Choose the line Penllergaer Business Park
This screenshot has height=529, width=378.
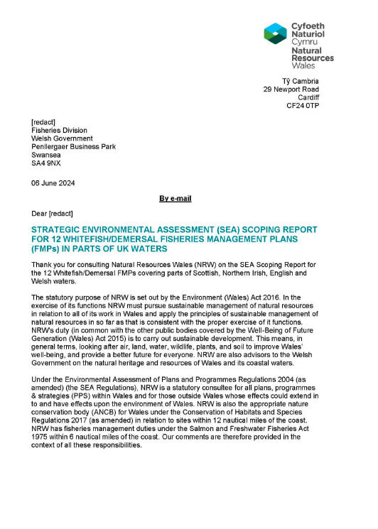point(73,146)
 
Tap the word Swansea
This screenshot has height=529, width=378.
point(45,154)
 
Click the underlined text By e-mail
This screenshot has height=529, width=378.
point(175,199)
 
